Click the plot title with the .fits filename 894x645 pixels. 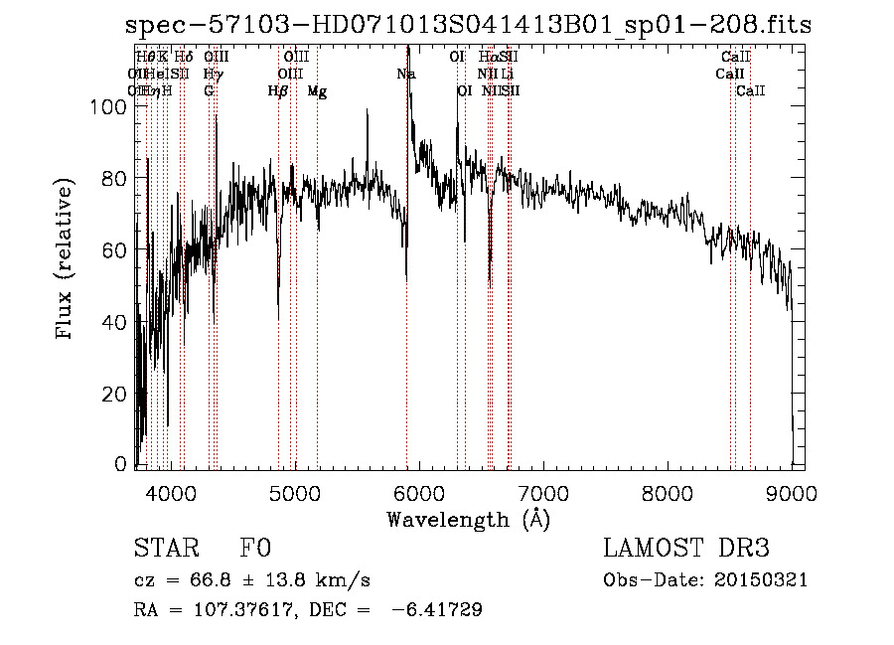pyautogui.click(x=468, y=26)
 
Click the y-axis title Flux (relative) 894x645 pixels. pyautogui.click(x=67, y=260)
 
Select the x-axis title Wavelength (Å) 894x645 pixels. pyautogui.click(x=468, y=519)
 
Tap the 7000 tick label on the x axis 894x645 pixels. pyautogui.click(x=543, y=490)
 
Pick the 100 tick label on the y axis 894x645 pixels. pyautogui.click(x=117, y=106)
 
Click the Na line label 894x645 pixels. pyautogui.click(x=406, y=75)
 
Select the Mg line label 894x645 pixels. pyautogui.click(x=317, y=91)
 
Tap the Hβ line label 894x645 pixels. pyautogui.click(x=277, y=91)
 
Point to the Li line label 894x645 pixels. pyautogui.click(x=507, y=75)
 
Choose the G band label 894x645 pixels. pyautogui.click(x=209, y=91)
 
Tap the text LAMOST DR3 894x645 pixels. pyautogui.click(x=686, y=549)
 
